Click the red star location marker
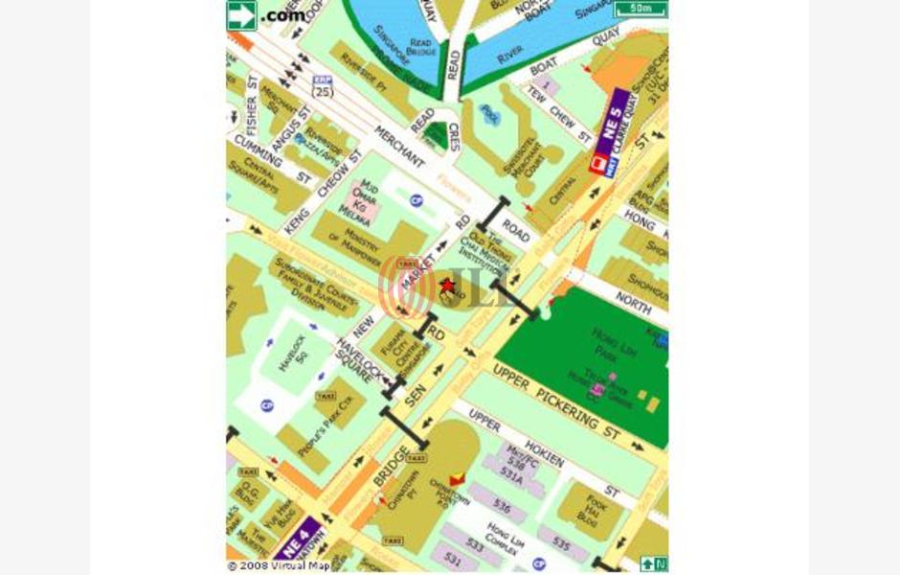(446, 286)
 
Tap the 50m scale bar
(641, 10)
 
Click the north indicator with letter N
(653, 564)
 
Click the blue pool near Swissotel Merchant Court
(490, 114)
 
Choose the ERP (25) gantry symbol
(323, 86)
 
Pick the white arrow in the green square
(240, 13)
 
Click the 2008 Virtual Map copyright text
(279, 565)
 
